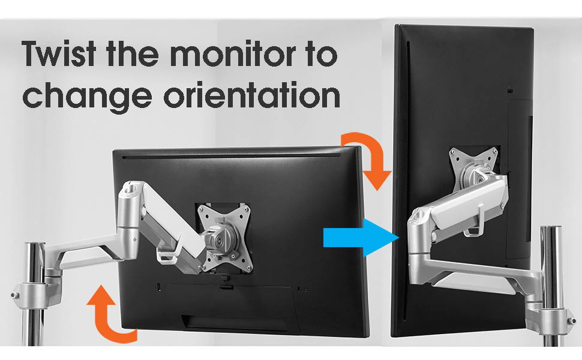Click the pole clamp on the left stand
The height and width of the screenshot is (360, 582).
pyautogui.click(x=36, y=295)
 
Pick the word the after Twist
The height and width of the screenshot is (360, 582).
pyautogui.click(x=132, y=53)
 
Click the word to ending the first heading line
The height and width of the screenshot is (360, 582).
pyautogui.click(x=322, y=55)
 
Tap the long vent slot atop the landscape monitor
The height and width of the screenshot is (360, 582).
pyautogui.click(x=231, y=157)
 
